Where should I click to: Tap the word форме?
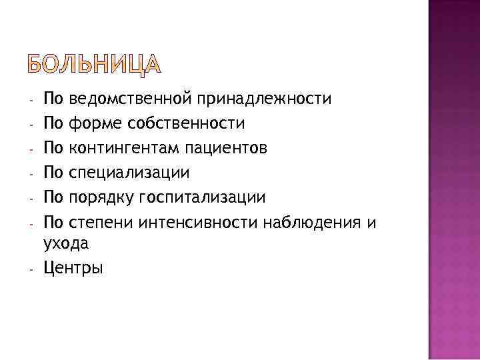click(x=91, y=124)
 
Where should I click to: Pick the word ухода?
click(x=66, y=245)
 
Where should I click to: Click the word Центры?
click(x=73, y=269)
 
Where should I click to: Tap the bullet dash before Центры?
click(x=31, y=270)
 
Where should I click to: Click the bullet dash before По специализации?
click(x=31, y=174)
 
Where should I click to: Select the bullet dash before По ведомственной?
click(x=31, y=101)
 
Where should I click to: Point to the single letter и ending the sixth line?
click(x=371, y=222)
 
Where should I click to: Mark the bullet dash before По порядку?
click(x=31, y=199)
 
